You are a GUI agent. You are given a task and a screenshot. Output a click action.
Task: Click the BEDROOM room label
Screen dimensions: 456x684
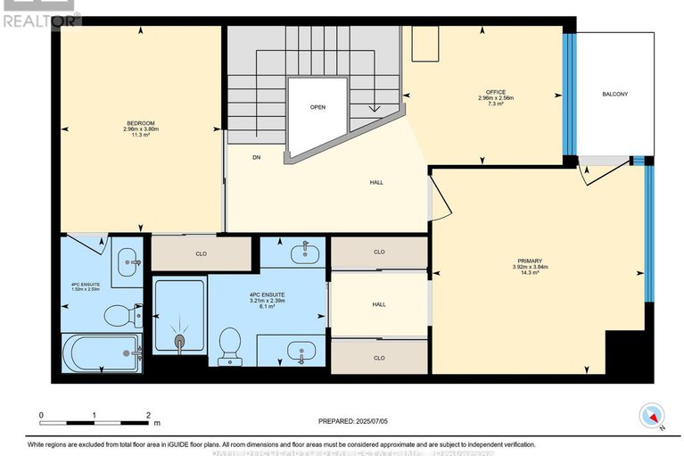(140, 122)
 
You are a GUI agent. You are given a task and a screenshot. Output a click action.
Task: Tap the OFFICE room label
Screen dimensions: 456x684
(496, 91)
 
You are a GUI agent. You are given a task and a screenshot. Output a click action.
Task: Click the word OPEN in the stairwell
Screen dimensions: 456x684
(317, 106)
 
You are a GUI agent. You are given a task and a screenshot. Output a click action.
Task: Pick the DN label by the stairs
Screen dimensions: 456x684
(256, 158)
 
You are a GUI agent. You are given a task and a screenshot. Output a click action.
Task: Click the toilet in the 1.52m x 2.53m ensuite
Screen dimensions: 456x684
(119, 315)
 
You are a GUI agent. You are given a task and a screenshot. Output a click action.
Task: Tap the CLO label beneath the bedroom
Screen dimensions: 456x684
(201, 253)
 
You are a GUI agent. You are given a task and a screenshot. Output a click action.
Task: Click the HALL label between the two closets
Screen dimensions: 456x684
(379, 304)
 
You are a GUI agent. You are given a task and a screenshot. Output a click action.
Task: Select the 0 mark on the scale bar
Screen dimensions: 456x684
(40, 416)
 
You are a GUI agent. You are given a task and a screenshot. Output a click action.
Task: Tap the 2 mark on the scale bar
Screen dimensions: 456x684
(148, 416)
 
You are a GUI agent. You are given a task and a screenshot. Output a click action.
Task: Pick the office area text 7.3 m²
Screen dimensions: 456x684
(496, 104)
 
